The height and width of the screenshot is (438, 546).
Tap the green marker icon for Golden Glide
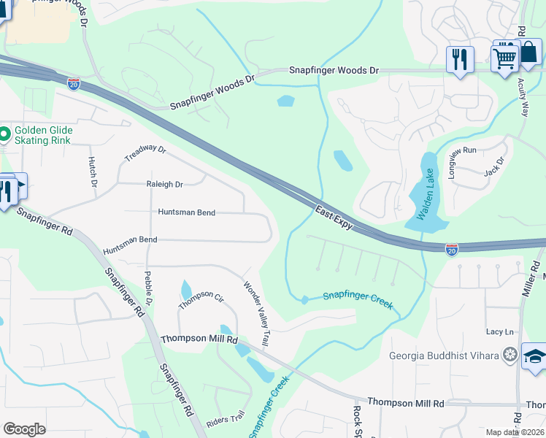4,133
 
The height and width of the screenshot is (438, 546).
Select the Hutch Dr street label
93,172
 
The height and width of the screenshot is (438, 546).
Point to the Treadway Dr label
145,153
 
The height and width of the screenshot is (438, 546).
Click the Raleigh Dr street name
164,185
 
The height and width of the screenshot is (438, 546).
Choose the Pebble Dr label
148,288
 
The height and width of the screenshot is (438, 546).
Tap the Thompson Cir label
201,296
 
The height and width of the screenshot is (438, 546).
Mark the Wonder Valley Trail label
257,314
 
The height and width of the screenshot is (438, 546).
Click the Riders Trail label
226,419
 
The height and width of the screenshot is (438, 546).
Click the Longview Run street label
463,151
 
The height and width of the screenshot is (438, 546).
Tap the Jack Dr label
494,167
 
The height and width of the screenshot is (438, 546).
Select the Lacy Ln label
501,331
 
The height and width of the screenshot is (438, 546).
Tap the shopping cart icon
505,56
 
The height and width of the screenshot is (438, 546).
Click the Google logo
24,429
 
